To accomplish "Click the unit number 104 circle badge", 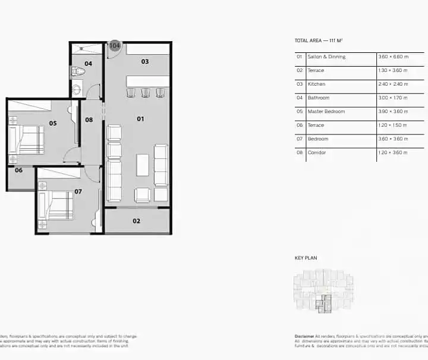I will coord(114,46).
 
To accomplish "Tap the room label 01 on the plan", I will coord(140,119).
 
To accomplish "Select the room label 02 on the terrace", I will coord(136,221).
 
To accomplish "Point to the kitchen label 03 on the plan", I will coord(144,61).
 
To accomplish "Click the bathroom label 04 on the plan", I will coord(88,63).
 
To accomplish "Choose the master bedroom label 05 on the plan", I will coord(53,123).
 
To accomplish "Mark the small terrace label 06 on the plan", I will coord(18,170).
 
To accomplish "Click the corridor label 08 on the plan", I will coord(89,120).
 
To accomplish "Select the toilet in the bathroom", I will coord(78,72).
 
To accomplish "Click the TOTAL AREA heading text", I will coord(319,40).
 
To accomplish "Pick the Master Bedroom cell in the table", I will coord(326,111).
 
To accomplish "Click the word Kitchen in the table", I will coord(316,84).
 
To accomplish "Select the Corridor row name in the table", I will coord(316,152).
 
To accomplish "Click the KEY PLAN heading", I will coord(306,258).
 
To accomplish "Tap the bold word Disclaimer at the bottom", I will coord(304,336).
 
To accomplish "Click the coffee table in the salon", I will coord(143,165).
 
